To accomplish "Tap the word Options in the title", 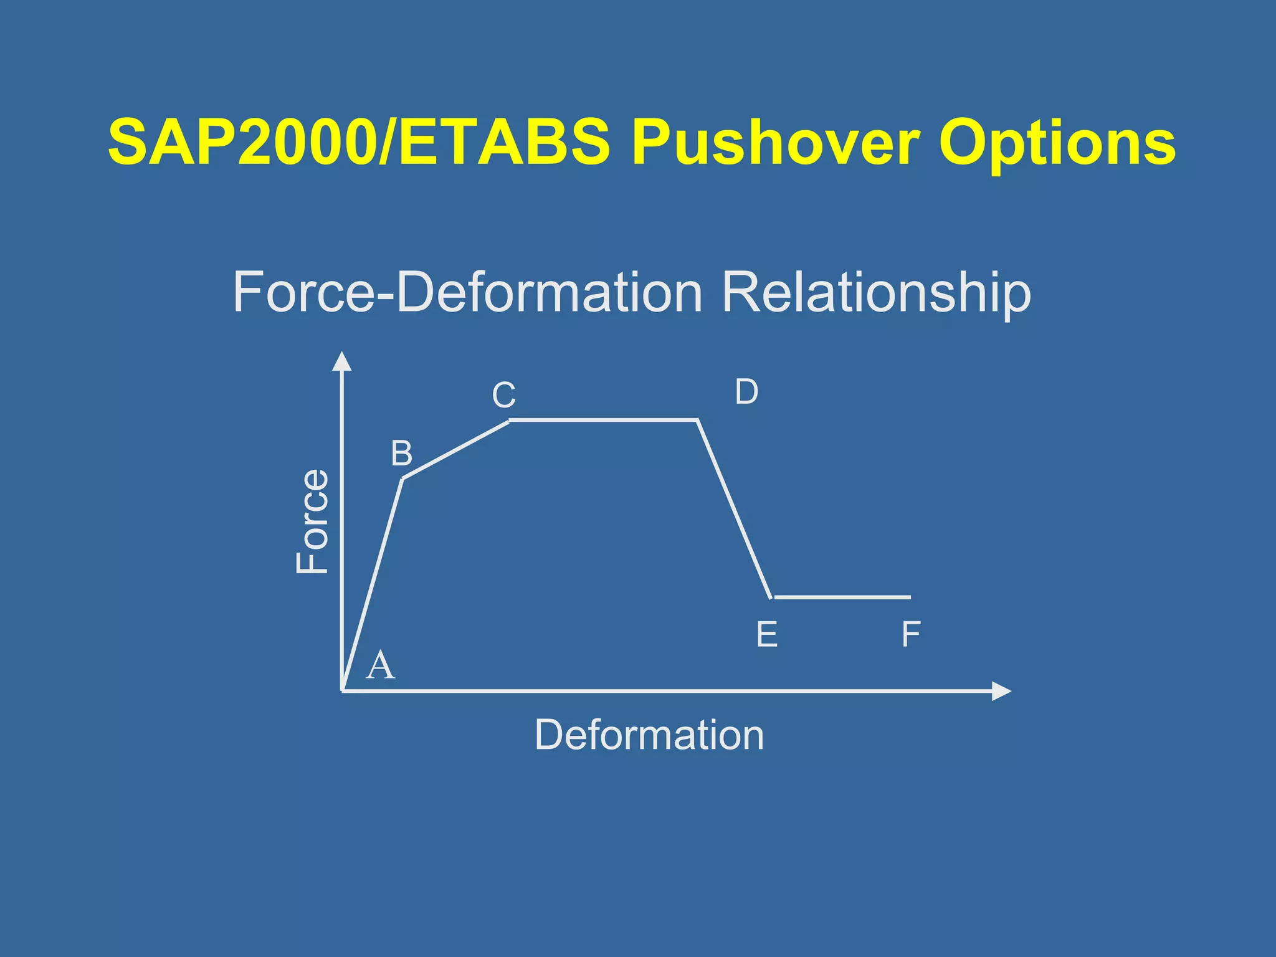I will (x=1057, y=145).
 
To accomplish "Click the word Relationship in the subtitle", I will (x=876, y=293).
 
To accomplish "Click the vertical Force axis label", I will (x=312, y=521).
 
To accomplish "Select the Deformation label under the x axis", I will (x=649, y=735).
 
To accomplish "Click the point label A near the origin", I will (x=380, y=665).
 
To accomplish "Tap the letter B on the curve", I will (x=401, y=454).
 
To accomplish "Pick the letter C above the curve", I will (x=503, y=395).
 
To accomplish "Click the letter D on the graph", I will (x=746, y=392).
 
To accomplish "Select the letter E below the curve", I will (x=766, y=635).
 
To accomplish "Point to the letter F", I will (x=911, y=635).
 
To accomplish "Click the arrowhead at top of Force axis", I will (x=341, y=361).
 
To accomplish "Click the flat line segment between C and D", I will (x=603, y=420).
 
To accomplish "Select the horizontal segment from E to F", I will (x=842, y=597).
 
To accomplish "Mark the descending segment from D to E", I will (x=734, y=508).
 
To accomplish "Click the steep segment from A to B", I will (x=372, y=584).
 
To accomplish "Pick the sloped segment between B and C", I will (x=456, y=449).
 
